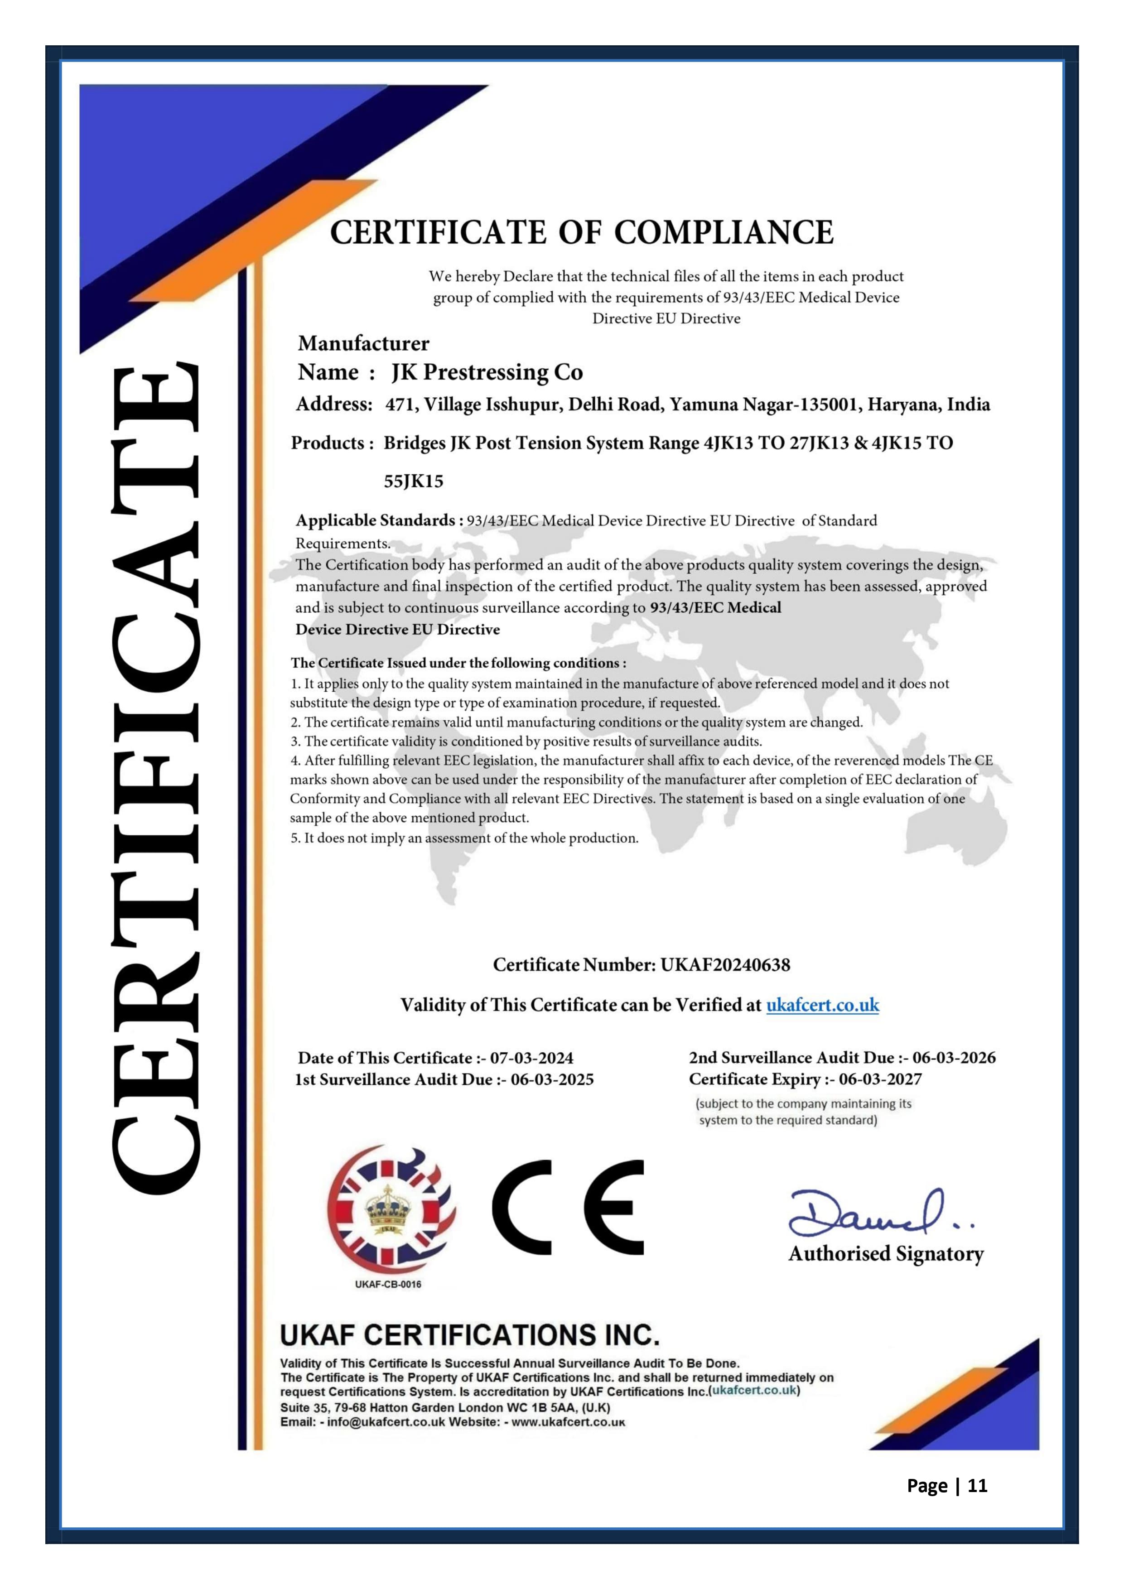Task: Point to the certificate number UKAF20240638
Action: pos(725,965)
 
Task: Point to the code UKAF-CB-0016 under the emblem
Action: pos(388,1285)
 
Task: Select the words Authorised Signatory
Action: pos(886,1254)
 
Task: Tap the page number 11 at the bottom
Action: pos(977,1486)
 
